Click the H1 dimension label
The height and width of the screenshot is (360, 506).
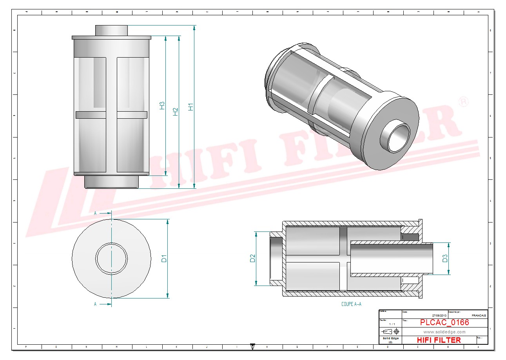(190, 107)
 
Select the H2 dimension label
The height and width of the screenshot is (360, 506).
(176, 112)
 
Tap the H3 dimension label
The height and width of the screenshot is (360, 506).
(162, 105)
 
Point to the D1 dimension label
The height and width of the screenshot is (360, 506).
(164, 259)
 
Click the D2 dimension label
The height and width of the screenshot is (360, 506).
(252, 259)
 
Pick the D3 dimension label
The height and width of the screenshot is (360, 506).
(445, 259)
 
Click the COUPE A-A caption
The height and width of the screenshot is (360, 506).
(351, 304)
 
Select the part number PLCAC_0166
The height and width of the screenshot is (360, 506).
(444, 322)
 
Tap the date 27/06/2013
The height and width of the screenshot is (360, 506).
(439, 315)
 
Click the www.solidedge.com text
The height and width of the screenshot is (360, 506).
(444, 332)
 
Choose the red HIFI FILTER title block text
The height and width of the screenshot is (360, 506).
(439, 340)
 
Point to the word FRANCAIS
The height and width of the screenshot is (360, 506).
(479, 315)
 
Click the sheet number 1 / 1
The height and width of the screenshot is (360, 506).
(392, 324)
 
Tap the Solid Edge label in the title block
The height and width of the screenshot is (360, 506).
(390, 338)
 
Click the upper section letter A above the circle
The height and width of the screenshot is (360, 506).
(95, 213)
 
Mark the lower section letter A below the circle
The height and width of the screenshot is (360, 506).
(95, 304)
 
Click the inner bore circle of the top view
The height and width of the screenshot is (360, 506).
(112, 258)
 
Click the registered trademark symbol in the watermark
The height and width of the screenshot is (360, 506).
(463, 101)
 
